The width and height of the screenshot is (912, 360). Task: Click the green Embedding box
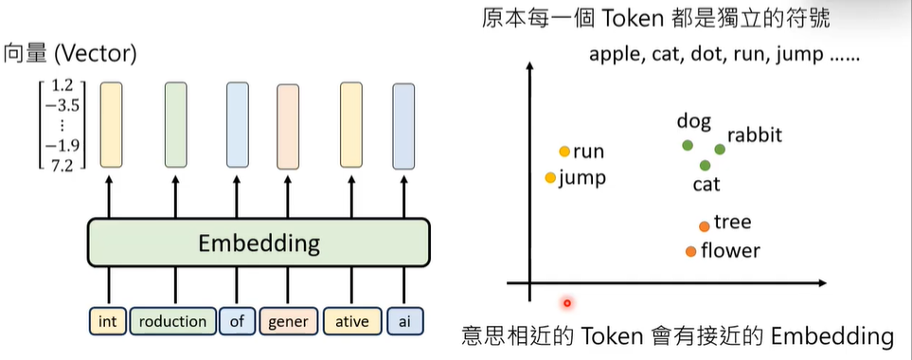(x=259, y=243)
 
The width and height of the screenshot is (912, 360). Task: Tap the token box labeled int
(x=107, y=321)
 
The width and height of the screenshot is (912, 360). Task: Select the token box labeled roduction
(x=172, y=321)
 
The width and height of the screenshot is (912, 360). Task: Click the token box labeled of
(x=237, y=321)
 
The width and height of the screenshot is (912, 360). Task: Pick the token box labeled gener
(x=288, y=321)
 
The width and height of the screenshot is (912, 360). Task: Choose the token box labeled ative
(x=351, y=321)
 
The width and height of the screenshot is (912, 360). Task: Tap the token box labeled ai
(x=404, y=321)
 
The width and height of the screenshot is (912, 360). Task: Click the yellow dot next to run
(x=564, y=152)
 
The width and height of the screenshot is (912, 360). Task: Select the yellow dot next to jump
(x=550, y=177)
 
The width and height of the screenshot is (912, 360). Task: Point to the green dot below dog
(x=688, y=145)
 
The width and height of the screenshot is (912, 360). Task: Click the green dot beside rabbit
(x=720, y=149)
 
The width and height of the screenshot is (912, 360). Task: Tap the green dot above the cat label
(x=705, y=165)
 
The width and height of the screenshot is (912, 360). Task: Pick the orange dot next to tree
(x=704, y=225)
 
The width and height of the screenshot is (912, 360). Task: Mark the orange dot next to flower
(x=690, y=251)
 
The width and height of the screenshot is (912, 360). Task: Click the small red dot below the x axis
(x=567, y=303)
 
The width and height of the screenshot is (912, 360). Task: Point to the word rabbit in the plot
(x=755, y=135)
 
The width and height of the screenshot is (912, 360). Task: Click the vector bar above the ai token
(x=404, y=125)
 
